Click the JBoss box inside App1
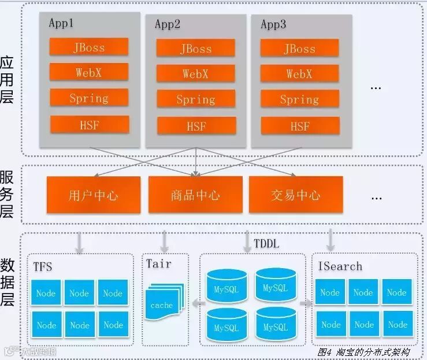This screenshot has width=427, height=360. click(88, 47)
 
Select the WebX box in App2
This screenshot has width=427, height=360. click(195, 73)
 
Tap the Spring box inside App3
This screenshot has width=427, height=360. click(299, 99)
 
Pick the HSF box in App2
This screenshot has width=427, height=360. click(195, 125)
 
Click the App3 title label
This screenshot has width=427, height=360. click(273, 24)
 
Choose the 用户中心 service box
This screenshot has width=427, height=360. click(93, 195)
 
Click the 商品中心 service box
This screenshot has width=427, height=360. click(195, 195)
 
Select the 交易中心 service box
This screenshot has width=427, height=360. click(296, 195)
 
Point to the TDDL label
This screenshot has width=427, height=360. click(266, 244)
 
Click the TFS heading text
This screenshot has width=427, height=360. click(43, 266)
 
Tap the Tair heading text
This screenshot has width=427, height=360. click(158, 263)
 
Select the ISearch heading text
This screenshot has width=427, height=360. click(340, 266)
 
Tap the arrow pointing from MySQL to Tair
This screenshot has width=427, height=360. click(196, 303)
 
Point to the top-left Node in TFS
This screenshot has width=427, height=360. click(46, 293)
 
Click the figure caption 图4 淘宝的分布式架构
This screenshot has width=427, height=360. click(363, 351)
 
